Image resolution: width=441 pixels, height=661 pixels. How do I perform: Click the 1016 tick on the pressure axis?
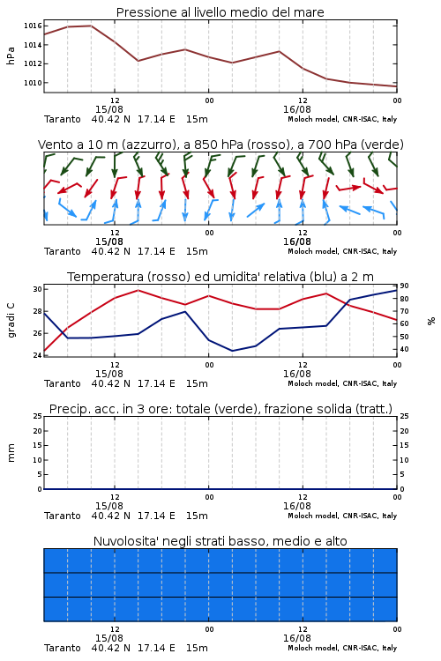coord(33,26)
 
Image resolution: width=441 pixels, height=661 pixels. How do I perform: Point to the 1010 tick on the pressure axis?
coord(33,83)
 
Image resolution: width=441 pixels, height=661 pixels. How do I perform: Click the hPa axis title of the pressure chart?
coord(11,56)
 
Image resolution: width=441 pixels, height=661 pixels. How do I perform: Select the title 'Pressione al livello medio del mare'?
coord(220,12)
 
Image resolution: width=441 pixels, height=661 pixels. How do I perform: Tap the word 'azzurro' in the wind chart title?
coord(148,145)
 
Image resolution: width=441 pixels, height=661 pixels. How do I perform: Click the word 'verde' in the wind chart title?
coord(382,145)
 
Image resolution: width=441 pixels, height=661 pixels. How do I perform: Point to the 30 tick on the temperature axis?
coord(38,289)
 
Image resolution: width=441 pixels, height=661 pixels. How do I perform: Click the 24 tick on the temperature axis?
coord(38,355)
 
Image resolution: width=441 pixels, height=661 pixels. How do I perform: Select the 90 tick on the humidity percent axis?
coord(404,286)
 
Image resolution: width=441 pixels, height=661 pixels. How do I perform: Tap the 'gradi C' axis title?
coord(11,321)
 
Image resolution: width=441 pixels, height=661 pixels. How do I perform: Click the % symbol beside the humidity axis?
coord(431,321)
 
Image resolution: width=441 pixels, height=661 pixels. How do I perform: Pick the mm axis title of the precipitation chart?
coord(11,453)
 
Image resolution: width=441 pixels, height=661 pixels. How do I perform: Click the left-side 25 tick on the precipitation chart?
coord(38,416)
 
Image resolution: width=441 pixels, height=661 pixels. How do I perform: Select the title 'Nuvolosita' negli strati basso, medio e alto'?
coord(220,541)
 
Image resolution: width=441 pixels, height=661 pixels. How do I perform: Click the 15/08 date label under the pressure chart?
coord(109,109)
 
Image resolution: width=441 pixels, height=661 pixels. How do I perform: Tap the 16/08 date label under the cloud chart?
coord(297,638)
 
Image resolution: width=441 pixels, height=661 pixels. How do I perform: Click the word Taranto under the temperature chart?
coord(63,383)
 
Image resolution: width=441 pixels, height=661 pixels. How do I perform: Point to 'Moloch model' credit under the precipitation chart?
coord(313,516)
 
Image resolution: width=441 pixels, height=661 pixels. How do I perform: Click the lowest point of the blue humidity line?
coord(232,351)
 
